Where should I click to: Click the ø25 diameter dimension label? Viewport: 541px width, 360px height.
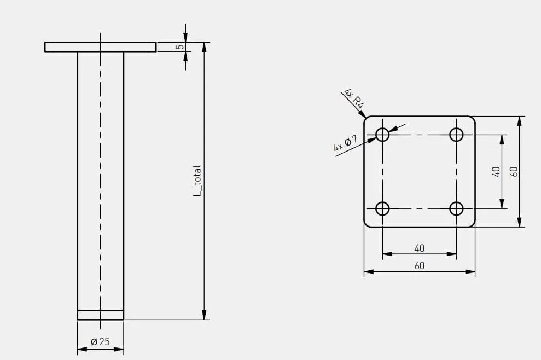pyautogui.click(x=100, y=342)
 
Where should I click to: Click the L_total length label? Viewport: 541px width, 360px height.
pyautogui.click(x=197, y=181)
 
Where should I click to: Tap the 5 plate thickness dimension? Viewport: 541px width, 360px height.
pyautogui.click(x=180, y=47)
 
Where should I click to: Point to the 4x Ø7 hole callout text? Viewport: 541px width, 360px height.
pyautogui.click(x=345, y=143)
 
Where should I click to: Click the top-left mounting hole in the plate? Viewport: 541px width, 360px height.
pyautogui.click(x=382, y=134)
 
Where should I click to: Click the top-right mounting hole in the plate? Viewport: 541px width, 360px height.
pyautogui.click(x=456, y=134)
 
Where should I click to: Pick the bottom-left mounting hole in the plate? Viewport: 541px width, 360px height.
pyautogui.click(x=382, y=208)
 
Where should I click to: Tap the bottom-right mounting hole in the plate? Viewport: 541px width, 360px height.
pyautogui.click(x=456, y=208)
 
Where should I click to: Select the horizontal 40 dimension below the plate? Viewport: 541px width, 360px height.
pyautogui.click(x=419, y=248)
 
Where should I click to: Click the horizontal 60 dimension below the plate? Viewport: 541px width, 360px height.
pyautogui.click(x=419, y=265)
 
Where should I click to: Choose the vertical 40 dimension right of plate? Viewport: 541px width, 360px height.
pyautogui.click(x=496, y=172)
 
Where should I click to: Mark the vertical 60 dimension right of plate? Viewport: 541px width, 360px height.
pyautogui.click(x=514, y=172)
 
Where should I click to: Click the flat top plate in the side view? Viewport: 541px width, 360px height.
pyautogui.click(x=101, y=47)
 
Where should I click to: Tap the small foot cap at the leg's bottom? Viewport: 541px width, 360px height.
pyautogui.click(x=101, y=315)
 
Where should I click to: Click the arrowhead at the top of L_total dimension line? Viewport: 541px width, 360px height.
pyautogui.click(x=204, y=47)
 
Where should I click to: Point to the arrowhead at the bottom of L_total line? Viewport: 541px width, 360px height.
pyautogui.click(x=204, y=315)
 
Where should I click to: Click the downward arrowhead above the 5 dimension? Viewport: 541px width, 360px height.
pyautogui.click(x=185, y=38)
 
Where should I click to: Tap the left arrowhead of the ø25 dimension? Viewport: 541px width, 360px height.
pyautogui.click(x=82, y=350)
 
